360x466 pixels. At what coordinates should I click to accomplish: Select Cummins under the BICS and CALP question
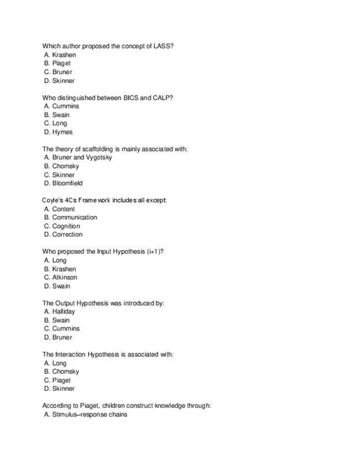point(65,106)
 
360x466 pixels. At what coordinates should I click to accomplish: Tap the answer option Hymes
point(62,132)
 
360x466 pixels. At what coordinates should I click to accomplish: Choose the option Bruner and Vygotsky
point(82,157)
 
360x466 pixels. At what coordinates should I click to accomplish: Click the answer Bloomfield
point(67,183)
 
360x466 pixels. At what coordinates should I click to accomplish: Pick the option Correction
point(67,234)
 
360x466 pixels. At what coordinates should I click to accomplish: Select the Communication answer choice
point(74,217)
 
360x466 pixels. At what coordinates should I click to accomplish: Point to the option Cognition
point(66,226)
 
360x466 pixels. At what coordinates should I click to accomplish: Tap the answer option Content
point(63,209)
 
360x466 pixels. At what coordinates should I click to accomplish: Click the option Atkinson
point(64,277)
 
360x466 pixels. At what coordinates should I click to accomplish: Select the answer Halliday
point(63,311)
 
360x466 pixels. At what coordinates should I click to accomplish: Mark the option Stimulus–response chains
point(90,414)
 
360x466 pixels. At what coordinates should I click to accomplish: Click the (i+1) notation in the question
point(154,251)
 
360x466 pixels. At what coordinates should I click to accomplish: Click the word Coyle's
point(53,200)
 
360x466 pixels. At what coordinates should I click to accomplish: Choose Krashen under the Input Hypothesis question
point(64,269)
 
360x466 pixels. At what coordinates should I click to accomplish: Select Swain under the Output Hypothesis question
point(60,320)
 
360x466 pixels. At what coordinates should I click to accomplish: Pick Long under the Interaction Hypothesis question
point(59,363)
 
